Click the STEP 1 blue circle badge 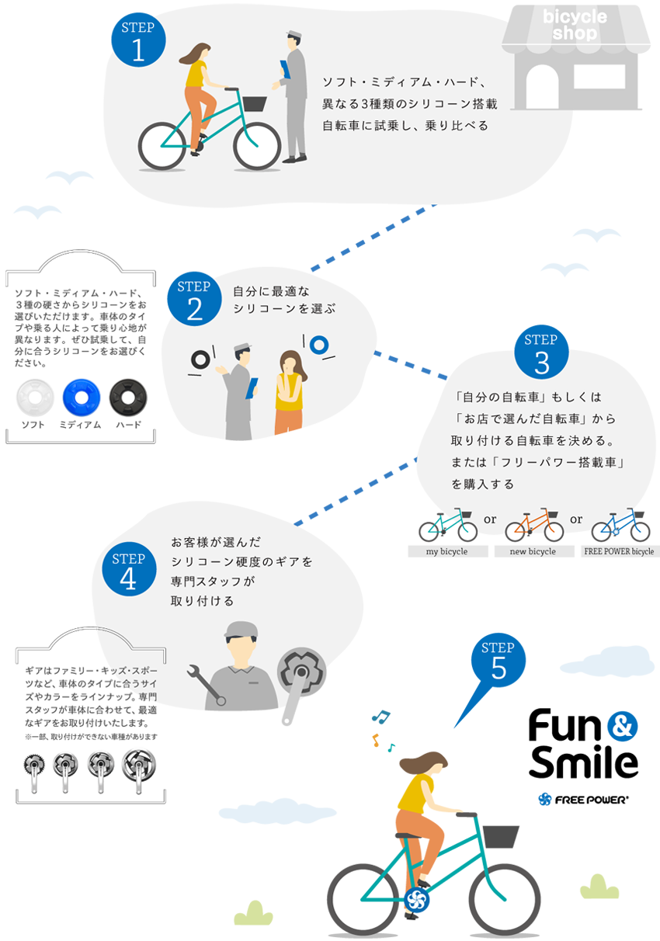(138, 40)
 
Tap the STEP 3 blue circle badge (541, 352)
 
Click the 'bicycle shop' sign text (575, 25)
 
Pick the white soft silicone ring (35, 398)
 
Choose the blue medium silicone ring (82, 398)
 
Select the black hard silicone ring (128, 398)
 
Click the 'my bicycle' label (447, 551)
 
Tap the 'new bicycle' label (533, 551)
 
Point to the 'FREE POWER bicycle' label (620, 551)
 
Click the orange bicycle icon (534, 526)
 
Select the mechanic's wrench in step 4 (207, 685)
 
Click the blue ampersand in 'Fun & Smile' (622, 726)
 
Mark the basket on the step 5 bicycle (501, 837)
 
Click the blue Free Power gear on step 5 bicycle (416, 901)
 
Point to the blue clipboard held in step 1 (285, 69)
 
